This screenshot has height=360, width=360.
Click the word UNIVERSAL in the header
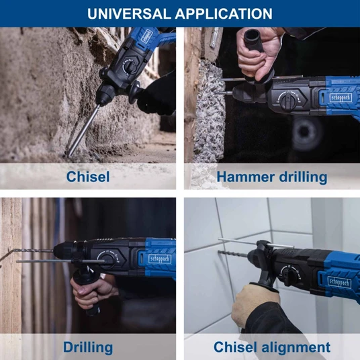(130, 13)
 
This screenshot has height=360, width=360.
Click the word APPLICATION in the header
(224, 13)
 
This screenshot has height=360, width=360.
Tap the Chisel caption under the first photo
(88, 177)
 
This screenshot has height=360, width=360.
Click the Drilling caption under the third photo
(88, 347)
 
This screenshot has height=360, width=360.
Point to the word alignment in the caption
(296, 347)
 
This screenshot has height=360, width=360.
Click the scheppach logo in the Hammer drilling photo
(341, 98)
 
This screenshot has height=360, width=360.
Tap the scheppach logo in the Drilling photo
(160, 259)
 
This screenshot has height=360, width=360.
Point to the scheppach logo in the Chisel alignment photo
(339, 282)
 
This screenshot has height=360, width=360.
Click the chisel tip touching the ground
(69, 154)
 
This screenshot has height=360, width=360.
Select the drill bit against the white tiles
(233, 254)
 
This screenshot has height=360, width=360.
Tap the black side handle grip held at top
(254, 42)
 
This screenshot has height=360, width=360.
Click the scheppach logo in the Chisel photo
(146, 36)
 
